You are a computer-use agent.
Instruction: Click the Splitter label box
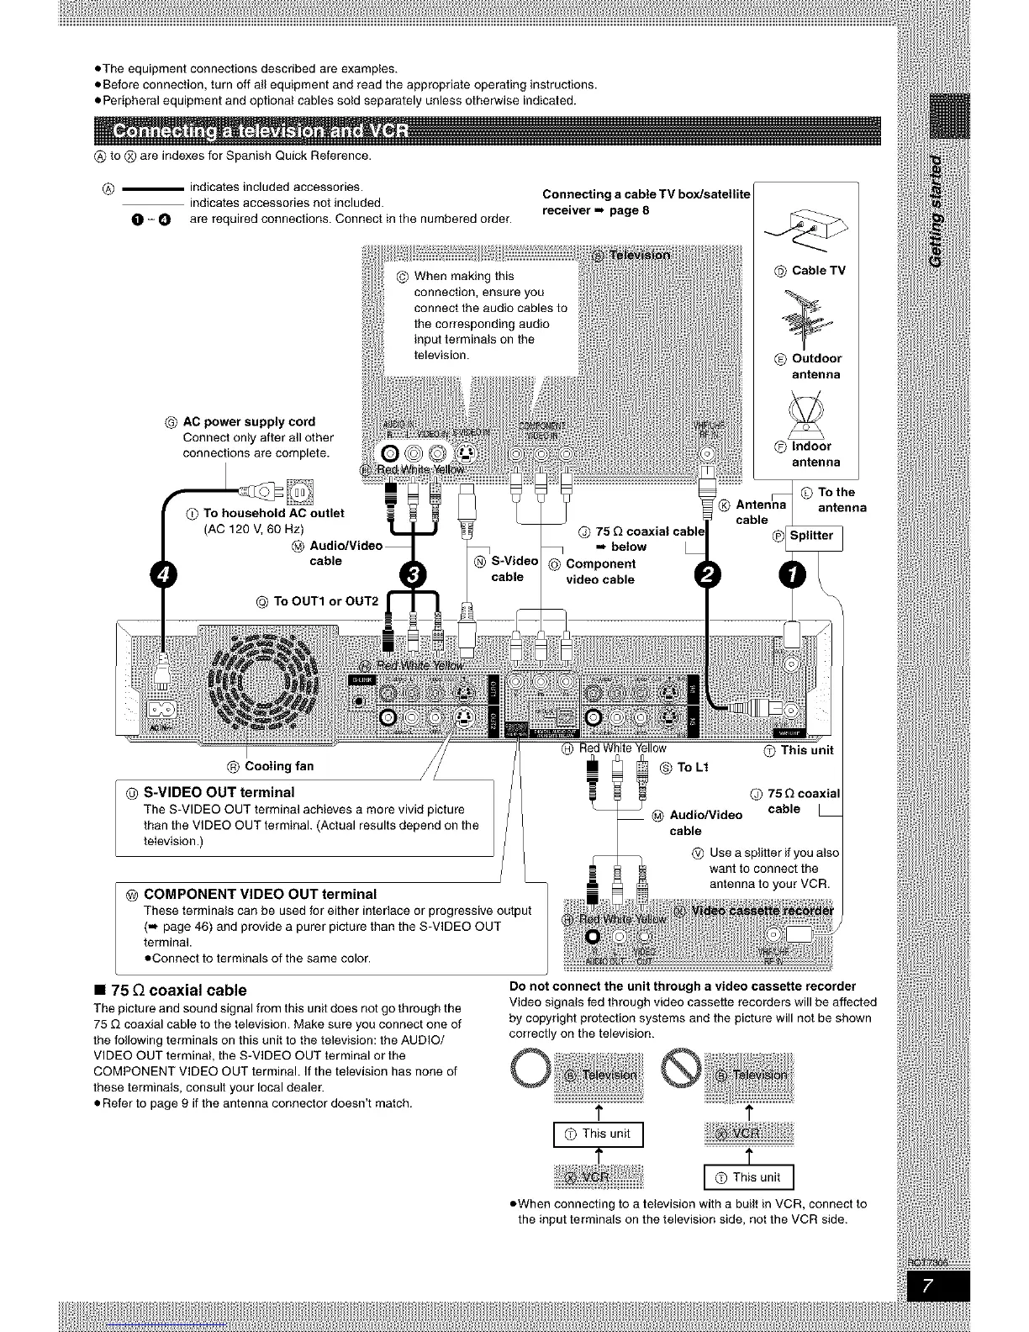811,536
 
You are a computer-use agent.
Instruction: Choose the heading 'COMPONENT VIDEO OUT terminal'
261,894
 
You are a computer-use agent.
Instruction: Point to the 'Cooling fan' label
278,766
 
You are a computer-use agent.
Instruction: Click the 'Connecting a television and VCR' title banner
261,134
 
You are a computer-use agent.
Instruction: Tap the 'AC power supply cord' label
249,422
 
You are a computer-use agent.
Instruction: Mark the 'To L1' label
694,767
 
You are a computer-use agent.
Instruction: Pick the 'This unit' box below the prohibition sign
748,1177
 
